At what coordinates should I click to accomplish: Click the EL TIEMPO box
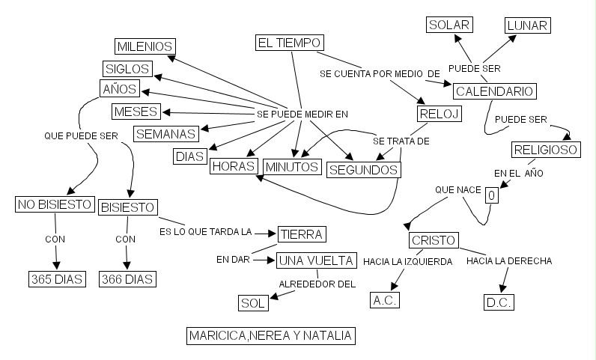point(289,43)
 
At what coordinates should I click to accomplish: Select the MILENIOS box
point(145,46)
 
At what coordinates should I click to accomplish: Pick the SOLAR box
point(449,25)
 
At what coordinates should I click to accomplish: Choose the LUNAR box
point(527,25)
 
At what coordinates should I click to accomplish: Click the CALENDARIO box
point(495,91)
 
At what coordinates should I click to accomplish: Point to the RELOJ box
point(438,114)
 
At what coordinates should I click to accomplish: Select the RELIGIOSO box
point(546,150)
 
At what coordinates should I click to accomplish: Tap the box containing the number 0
point(491,195)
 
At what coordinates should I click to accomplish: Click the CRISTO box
point(434,241)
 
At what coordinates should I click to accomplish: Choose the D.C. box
point(499,303)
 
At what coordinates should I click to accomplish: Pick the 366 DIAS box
point(127,280)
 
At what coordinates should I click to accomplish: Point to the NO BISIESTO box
point(55,204)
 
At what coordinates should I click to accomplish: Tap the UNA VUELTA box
point(315,261)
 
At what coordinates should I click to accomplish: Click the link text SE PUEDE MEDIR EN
point(302,114)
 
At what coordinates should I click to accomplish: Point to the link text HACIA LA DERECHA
point(509,261)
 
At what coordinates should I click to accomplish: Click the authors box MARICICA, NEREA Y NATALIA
point(270,335)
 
